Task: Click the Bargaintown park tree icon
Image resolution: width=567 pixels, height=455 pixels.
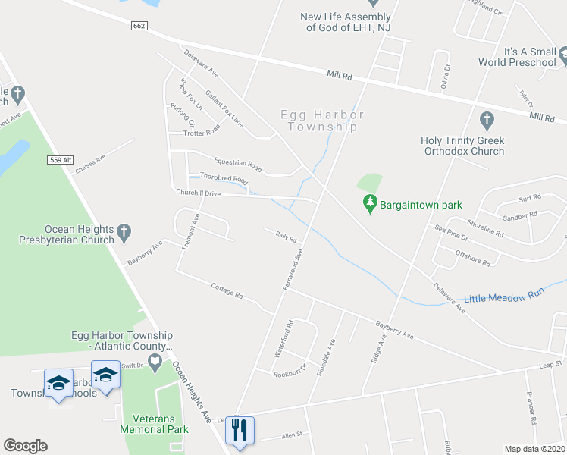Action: (370, 204)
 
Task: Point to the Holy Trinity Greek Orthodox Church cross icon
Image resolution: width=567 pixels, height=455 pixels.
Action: (487, 120)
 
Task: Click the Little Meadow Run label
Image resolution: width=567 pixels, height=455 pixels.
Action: (505, 298)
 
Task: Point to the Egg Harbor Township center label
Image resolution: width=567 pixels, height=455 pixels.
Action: (322, 121)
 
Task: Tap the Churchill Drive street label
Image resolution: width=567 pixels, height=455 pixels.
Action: (198, 193)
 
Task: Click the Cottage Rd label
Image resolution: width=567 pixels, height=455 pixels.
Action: (227, 290)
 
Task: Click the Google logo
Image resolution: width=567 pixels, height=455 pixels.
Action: (25, 446)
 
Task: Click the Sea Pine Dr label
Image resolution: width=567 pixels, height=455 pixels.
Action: (451, 232)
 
